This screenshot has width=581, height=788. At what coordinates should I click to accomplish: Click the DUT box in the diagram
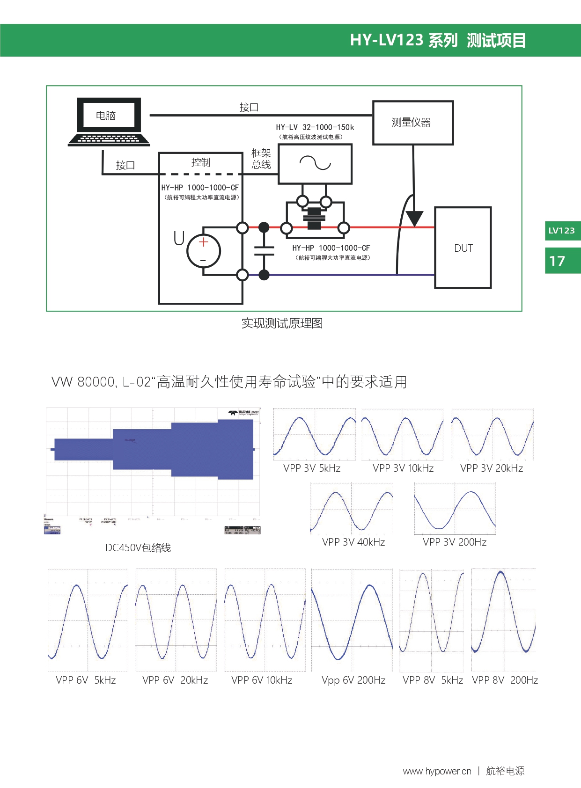point(463,248)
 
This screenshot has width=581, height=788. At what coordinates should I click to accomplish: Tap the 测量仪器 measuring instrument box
point(412,123)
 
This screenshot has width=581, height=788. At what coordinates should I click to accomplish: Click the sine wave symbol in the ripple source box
point(315,163)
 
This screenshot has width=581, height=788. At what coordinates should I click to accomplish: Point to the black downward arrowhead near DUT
point(414,218)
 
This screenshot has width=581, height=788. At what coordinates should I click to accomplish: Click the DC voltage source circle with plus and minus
point(204,251)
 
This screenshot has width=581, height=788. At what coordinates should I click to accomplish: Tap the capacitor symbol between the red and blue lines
point(264,251)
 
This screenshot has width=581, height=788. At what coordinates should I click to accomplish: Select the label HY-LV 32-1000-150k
point(315,127)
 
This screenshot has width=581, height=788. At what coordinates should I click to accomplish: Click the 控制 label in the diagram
point(201,162)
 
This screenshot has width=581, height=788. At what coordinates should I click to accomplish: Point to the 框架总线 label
point(261,159)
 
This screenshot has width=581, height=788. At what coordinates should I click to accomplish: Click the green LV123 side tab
point(562,231)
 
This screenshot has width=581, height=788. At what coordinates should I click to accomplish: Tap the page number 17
point(558,261)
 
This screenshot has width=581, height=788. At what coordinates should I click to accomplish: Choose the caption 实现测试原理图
point(282,323)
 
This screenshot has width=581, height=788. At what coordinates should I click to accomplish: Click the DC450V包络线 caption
point(138,547)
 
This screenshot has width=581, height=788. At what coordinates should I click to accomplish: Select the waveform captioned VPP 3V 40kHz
point(351,509)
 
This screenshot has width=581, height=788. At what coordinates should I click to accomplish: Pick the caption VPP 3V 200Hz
point(455,542)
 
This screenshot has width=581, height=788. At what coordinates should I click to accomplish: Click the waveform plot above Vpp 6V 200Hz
point(352,620)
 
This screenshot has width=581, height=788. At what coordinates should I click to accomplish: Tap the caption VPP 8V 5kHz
point(433,680)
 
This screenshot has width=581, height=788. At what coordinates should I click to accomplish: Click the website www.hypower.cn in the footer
point(437,771)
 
